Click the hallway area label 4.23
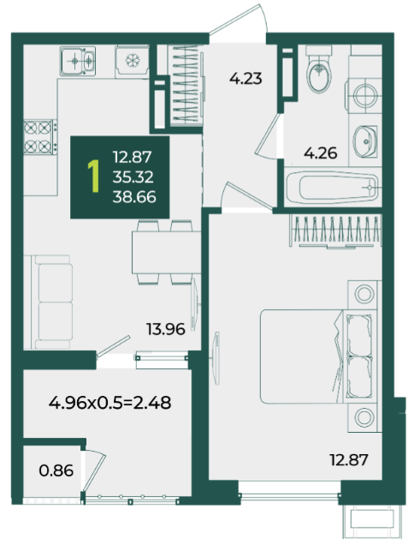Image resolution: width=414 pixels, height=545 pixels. coord(245,79)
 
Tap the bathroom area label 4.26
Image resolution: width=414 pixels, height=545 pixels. coord(320,153)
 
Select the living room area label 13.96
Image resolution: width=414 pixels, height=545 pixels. coord(166,329)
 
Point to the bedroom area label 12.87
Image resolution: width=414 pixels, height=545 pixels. coord(349,460)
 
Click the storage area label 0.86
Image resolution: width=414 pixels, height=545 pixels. coord(56,470)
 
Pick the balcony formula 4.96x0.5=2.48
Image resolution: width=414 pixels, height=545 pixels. coord(109,403)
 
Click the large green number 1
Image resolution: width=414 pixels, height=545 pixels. coord(93,177)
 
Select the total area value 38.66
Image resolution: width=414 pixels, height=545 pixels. coord(134,197)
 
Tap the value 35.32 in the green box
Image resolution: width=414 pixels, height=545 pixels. coord(133,177)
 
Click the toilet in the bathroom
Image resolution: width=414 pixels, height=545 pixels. coord(319,69)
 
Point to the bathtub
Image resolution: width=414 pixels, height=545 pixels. coord(333,188)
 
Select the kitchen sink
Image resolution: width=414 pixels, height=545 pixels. coord(78,61)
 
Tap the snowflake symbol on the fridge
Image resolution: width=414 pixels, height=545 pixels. coord(133,61)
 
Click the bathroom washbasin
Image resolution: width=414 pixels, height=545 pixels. coord(365,141)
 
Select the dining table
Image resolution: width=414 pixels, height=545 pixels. coord(166,252)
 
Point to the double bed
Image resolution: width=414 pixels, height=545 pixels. coord(318,356)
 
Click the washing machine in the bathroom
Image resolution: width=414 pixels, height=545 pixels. coord(364,95)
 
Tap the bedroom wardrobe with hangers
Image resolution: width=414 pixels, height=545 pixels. coord(336,231)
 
